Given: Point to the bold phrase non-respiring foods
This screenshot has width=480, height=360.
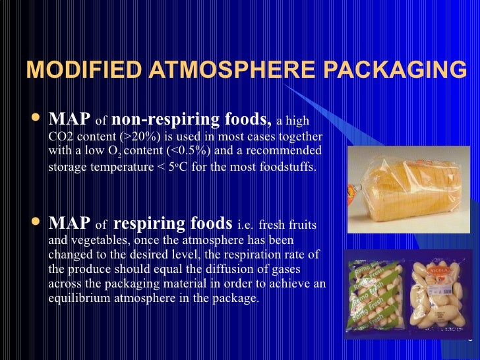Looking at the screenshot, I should pos(191,119).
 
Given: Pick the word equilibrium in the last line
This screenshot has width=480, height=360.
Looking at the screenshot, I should pos(78,298).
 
